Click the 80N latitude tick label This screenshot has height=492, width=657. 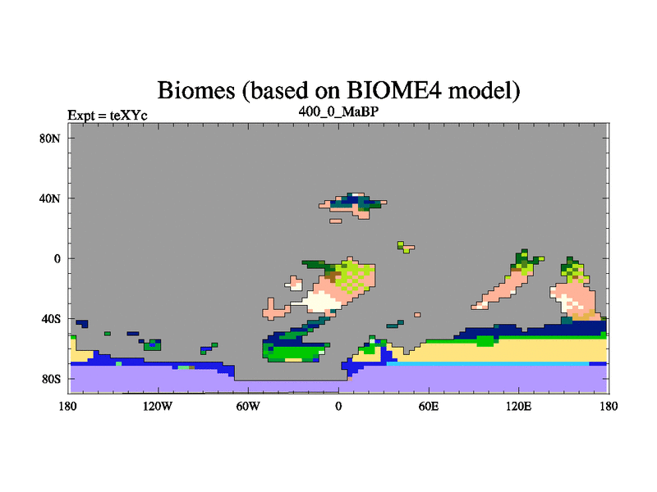[49, 139]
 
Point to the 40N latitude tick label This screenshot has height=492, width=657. [49, 198]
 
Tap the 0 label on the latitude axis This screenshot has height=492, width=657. [57, 259]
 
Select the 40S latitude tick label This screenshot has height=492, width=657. [51, 319]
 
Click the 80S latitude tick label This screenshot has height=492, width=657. [51, 380]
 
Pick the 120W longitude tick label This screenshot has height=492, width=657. [158, 406]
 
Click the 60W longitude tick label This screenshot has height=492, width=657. [248, 406]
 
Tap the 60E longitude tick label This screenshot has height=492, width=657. [429, 406]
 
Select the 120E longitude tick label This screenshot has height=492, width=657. [519, 406]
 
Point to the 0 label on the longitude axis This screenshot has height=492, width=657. [338, 406]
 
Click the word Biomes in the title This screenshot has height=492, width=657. [196, 90]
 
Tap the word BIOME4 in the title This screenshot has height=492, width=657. [394, 89]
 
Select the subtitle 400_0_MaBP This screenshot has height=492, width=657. [338, 112]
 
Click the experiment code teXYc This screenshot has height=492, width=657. [129, 116]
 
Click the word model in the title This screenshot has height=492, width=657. [484, 90]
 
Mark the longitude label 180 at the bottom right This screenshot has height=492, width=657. [609, 406]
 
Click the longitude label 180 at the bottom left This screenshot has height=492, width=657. [68, 406]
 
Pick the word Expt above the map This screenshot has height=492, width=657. [81, 116]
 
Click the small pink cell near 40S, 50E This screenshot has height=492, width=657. [417, 315]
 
